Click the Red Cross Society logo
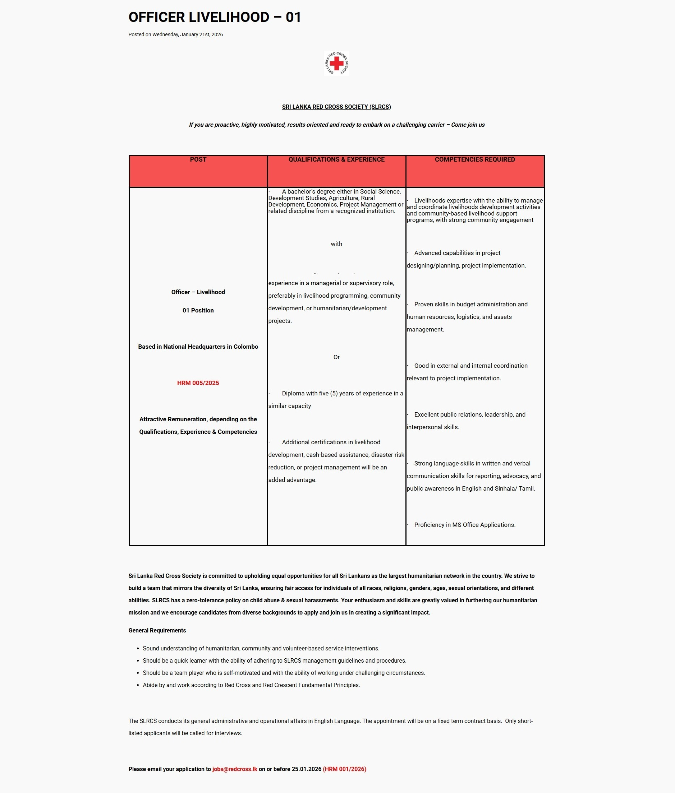pyautogui.click(x=336, y=63)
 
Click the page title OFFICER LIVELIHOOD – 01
pyautogui.click(x=215, y=17)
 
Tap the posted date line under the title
pyautogui.click(x=176, y=34)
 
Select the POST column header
pyautogui.click(x=198, y=159)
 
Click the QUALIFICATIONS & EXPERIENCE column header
pyautogui.click(x=336, y=159)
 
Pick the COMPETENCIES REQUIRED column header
pyautogui.click(x=474, y=159)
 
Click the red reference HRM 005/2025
pyautogui.click(x=198, y=383)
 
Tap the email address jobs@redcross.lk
pyautogui.click(x=235, y=769)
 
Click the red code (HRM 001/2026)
pyautogui.click(x=344, y=769)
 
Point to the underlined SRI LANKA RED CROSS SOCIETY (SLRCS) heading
pyautogui.click(x=336, y=107)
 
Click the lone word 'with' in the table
pyautogui.click(x=336, y=244)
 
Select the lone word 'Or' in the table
pyautogui.click(x=336, y=357)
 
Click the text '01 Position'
pyautogui.click(x=198, y=310)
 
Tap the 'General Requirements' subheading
pyautogui.click(x=157, y=631)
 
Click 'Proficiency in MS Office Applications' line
pyautogui.click(x=464, y=525)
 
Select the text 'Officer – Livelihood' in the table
pyautogui.click(x=198, y=292)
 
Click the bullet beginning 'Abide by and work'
pyautogui.click(x=251, y=685)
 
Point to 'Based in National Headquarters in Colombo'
pyautogui.click(x=198, y=347)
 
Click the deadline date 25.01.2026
pyautogui.click(x=306, y=769)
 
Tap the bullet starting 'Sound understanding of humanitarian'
pyautogui.click(x=261, y=649)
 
